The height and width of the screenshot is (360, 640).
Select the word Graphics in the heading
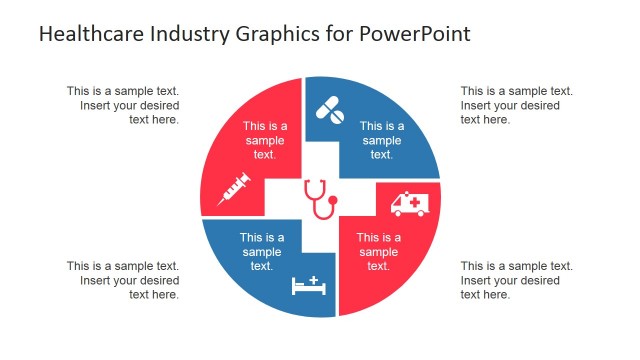[268, 34]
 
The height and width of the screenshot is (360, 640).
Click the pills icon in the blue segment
[330, 110]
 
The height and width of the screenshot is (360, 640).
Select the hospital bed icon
[309, 286]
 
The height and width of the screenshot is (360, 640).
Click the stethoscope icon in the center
[319, 198]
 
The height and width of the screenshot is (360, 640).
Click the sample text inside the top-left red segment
[265, 140]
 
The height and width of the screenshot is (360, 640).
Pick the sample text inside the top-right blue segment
[382, 140]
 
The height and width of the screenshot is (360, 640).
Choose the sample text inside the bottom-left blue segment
[262, 251]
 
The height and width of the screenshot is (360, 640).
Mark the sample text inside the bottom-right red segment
[378, 251]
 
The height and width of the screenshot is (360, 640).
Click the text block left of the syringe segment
[123, 105]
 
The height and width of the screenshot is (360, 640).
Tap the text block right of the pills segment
[516, 105]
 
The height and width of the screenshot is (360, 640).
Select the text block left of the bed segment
[123, 280]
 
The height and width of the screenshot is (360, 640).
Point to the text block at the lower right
[516, 280]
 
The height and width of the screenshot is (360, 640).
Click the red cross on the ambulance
[413, 202]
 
